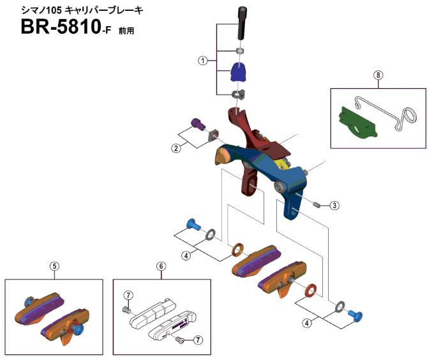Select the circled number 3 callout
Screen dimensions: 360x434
click(x=335, y=206)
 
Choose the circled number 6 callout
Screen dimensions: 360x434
click(x=161, y=267)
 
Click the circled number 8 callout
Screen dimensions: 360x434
click(x=378, y=75)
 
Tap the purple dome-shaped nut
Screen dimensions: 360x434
click(x=238, y=73)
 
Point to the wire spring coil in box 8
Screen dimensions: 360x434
click(x=407, y=116)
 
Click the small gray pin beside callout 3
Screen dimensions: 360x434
click(x=317, y=205)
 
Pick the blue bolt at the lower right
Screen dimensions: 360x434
click(x=354, y=314)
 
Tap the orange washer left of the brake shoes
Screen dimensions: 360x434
click(x=237, y=247)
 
